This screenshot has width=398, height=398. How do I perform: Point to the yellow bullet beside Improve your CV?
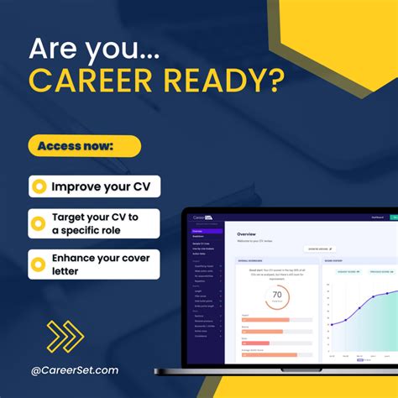pyautogui.click(x=39, y=186)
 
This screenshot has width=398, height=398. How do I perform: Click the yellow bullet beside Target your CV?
pyautogui.click(x=39, y=224)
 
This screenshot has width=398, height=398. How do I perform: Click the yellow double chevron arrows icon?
pyautogui.click(x=65, y=337)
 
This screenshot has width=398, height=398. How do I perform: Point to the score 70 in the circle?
pyautogui.click(x=276, y=296)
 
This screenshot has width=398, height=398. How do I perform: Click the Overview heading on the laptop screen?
pyautogui.click(x=246, y=234)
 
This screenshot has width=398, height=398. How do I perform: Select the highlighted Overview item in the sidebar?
pyautogui.click(x=198, y=229)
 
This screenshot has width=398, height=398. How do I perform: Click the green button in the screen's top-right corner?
pyautogui.click(x=393, y=217)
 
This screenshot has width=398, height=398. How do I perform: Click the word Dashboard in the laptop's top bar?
pyautogui.click(x=377, y=217)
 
